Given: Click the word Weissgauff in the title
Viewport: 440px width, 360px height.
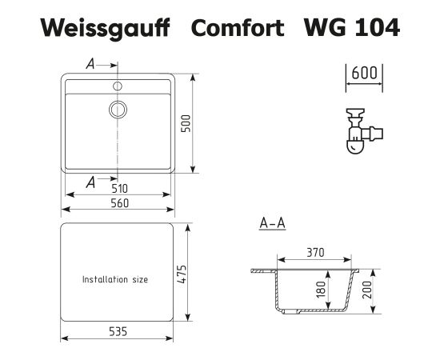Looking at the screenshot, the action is coord(106,28).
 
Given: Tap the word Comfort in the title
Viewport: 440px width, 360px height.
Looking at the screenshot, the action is coord(238,27).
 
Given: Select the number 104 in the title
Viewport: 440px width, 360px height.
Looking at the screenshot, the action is coord(378,27).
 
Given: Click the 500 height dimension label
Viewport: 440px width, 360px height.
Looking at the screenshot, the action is coord(186,123).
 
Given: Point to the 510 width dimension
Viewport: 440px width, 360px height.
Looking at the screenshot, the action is coord(119,189).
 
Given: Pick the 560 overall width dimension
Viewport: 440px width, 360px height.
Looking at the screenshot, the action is coord(119,203).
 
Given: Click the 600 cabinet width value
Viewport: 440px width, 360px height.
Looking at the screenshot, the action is coord(364,73).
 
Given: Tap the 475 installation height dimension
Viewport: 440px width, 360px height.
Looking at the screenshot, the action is coord(182,274).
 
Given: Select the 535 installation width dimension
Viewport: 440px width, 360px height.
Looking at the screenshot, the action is coord(118,332).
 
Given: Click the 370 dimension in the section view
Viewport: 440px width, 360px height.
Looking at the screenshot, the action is coord(315,253).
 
